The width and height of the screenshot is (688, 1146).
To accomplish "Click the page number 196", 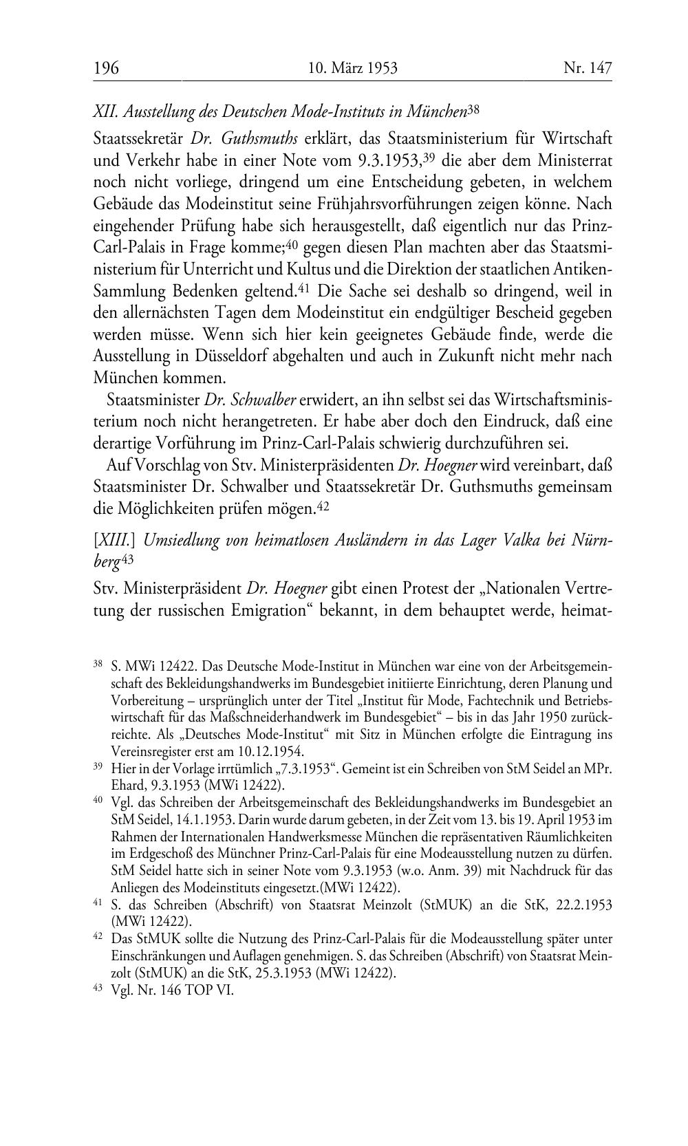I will click(x=106, y=68).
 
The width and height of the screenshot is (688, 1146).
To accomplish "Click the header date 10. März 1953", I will click(x=353, y=68).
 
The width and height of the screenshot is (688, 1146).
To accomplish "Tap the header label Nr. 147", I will click(x=587, y=68).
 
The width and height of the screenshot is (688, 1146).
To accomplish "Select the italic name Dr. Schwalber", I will click(x=250, y=400).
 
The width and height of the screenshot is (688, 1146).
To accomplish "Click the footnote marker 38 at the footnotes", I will click(x=98, y=664).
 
